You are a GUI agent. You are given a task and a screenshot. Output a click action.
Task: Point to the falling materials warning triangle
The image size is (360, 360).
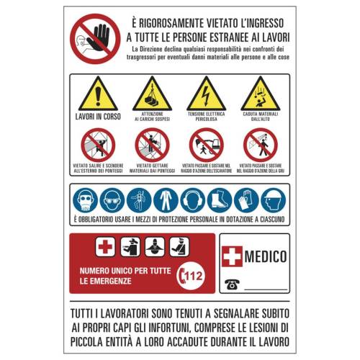coord(260,94)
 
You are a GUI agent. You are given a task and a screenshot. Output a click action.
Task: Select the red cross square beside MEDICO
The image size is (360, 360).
coord(233,256)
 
